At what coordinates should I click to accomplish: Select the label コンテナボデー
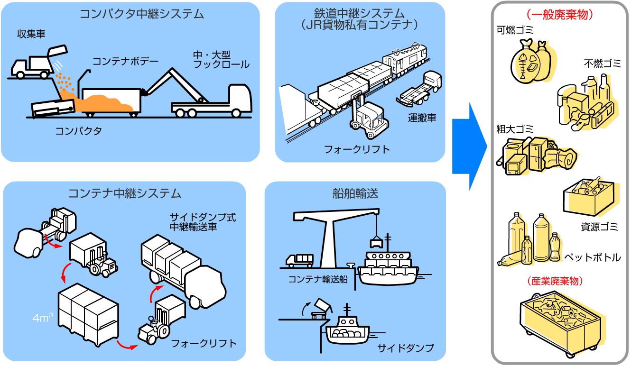(125, 61)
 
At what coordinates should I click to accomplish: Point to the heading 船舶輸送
(355, 193)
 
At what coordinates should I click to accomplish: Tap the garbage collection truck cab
(19, 67)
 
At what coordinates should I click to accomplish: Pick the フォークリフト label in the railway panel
(357, 149)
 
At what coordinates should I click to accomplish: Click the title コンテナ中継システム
(125, 193)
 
